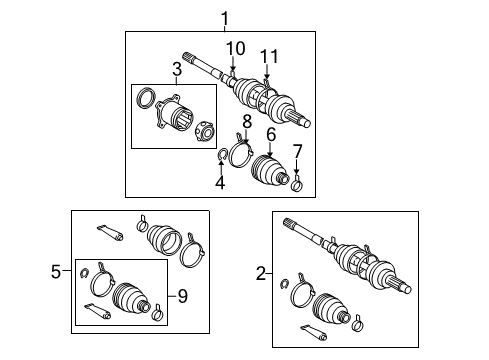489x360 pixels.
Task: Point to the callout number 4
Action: [x=220, y=183]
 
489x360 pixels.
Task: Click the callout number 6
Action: [x=270, y=134]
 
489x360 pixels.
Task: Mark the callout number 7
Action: [x=297, y=151]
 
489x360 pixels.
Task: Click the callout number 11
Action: [x=268, y=55]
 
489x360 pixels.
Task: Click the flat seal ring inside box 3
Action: [x=145, y=99]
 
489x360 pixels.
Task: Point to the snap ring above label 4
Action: [x=223, y=154]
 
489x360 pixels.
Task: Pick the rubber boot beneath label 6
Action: [x=268, y=167]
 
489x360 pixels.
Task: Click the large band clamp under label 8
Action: [x=241, y=154]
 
